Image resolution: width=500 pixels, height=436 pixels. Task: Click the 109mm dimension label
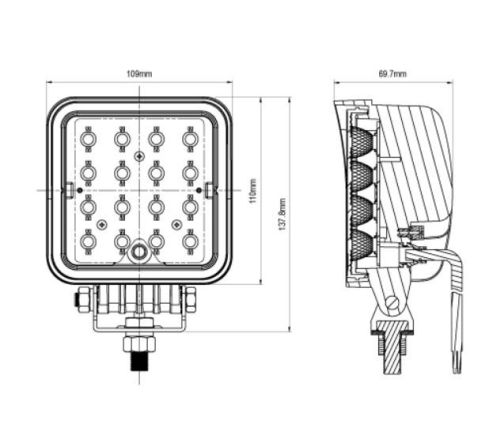139,74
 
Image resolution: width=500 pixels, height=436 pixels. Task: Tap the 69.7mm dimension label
393,74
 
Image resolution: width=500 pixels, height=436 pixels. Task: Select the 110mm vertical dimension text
253,191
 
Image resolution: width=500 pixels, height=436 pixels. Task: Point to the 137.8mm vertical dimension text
282,215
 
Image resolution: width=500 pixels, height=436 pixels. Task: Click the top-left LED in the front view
88,138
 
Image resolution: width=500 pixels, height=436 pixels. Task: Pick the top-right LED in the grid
190,138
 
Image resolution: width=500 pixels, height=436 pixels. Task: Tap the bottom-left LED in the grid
88,241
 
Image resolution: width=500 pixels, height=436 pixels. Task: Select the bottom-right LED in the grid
190,241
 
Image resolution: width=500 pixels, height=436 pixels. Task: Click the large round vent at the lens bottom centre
138,252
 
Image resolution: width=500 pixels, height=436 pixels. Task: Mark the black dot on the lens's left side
80,190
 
